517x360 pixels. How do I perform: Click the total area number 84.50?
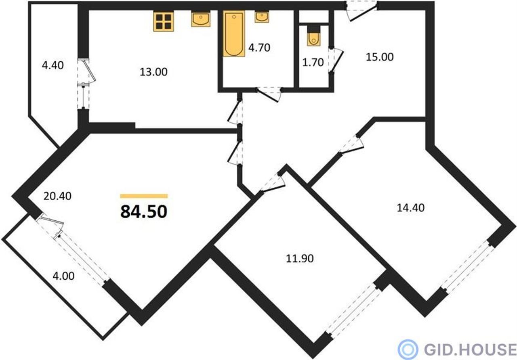pos(144,212)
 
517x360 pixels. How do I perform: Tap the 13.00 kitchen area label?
pos(153,72)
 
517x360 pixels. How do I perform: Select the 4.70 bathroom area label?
pos(259,48)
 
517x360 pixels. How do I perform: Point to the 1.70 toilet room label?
pos(313,63)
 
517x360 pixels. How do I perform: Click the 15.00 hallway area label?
pos(380,57)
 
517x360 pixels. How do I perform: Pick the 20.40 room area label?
pos(57,196)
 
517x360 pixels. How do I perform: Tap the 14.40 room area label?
pos(411,208)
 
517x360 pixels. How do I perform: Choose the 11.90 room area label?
pos(300,259)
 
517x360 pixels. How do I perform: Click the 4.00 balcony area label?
pos(63,276)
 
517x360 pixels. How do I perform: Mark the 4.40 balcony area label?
pos(53,65)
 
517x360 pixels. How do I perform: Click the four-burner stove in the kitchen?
pos(164,21)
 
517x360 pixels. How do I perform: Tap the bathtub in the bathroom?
pos(234,33)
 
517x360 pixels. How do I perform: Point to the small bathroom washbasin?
pos(262,17)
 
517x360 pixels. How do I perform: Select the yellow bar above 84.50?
pos(144,196)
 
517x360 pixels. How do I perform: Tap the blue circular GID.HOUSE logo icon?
pos(408,349)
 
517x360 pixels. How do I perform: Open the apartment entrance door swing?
pos(362,12)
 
